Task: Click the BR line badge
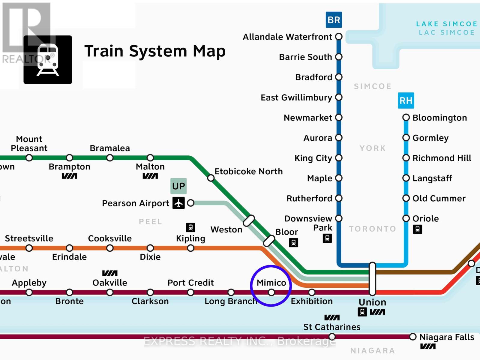334,20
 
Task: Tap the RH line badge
406,100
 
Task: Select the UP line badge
178,186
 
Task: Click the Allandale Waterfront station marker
339,37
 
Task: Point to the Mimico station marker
271,292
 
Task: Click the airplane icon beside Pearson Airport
178,203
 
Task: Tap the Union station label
372,302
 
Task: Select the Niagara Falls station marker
413,337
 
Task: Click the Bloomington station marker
406,118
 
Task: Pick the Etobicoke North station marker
211,178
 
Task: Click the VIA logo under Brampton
69,176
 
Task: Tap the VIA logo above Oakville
109,273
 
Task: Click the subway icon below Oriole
417,229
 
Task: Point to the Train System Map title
155,51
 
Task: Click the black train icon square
48,60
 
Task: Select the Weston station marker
249,221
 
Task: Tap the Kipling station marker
190,248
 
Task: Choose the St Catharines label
332,327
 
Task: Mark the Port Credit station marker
190,292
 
